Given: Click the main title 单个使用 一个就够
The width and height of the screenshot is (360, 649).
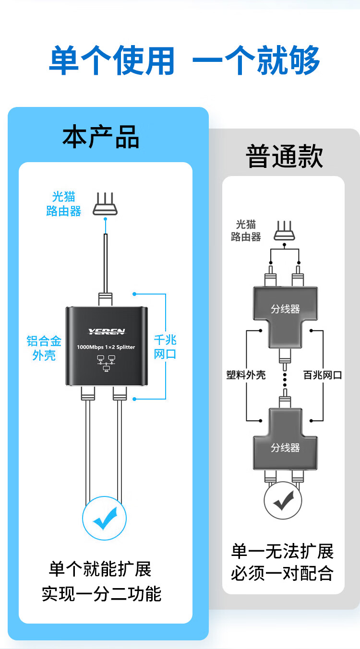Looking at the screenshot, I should [x=184, y=61].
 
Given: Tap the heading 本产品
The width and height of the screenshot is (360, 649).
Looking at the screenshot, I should [x=101, y=137].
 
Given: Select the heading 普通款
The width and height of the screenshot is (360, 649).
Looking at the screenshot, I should [x=284, y=156].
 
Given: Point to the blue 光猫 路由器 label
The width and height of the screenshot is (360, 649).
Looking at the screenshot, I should [x=64, y=204].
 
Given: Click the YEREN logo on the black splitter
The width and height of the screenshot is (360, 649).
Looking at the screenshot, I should [x=106, y=331].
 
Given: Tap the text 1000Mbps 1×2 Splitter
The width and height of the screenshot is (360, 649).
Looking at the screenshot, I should [x=106, y=347].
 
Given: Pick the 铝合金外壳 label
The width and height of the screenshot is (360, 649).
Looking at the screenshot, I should [x=44, y=348].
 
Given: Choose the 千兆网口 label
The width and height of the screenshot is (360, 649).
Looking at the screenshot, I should [x=165, y=347].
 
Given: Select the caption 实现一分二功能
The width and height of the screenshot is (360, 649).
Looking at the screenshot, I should [x=101, y=594].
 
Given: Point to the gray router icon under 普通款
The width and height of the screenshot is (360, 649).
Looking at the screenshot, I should [x=285, y=231].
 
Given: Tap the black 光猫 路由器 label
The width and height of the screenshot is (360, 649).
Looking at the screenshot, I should [x=246, y=230].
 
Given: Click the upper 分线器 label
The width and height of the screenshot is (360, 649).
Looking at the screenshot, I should [x=285, y=309].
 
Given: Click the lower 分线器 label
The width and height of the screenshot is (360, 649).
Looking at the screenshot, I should [x=285, y=448].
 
